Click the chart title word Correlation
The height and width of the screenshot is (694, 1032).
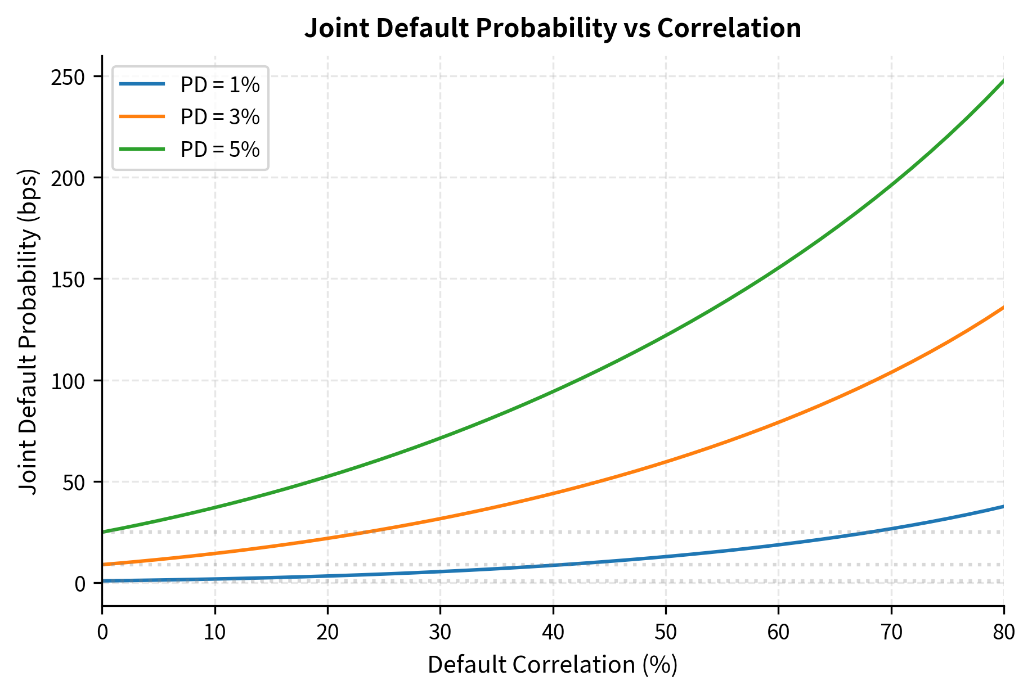pos(729,28)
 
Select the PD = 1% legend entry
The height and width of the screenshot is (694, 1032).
pos(219,85)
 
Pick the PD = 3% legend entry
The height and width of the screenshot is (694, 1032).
pos(219,117)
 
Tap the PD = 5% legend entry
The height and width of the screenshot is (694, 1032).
pos(219,150)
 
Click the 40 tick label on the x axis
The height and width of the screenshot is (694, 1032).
pos(553,633)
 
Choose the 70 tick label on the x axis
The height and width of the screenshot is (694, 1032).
pos(891,633)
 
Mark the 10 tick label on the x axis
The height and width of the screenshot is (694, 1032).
pos(215,633)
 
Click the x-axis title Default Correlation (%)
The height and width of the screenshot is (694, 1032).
pos(553,665)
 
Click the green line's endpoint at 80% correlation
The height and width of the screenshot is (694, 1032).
pos(1003,81)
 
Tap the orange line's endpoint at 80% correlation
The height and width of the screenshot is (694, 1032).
pos(1003,308)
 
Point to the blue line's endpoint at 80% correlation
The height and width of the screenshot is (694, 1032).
pos(1003,507)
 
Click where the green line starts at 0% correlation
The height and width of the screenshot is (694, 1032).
pos(102,532)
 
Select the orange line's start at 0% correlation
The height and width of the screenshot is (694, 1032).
pos(102,565)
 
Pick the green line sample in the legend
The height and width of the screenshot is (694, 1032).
pos(142,150)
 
